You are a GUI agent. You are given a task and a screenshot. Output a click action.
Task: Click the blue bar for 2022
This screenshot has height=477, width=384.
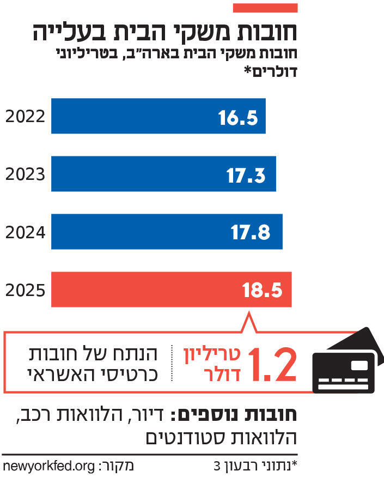pos(158,116)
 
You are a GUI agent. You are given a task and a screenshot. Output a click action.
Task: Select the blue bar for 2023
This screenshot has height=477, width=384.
pos(163,174)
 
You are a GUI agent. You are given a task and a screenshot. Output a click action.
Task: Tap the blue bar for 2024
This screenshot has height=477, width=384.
pos(167,232)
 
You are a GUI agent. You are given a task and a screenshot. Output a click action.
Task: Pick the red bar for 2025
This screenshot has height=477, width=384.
pos(171,289)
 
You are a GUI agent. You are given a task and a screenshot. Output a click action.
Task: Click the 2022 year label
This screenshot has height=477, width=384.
pos(25,117)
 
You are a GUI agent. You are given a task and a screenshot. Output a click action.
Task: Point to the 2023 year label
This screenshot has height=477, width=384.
pos(25,174)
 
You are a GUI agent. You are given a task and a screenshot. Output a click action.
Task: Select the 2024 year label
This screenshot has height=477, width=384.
pos(25,232)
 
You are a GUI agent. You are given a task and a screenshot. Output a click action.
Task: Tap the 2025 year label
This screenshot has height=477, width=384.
pos(25,290)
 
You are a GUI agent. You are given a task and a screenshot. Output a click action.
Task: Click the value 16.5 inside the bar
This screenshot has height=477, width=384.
pos(238,117)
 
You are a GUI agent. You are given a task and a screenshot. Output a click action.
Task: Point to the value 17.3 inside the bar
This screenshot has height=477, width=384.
pos(246,175)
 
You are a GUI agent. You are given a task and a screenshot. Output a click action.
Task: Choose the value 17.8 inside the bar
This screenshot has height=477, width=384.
pos(251,233)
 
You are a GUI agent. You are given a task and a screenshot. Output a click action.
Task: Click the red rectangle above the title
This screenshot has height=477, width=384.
pos(265,8)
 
